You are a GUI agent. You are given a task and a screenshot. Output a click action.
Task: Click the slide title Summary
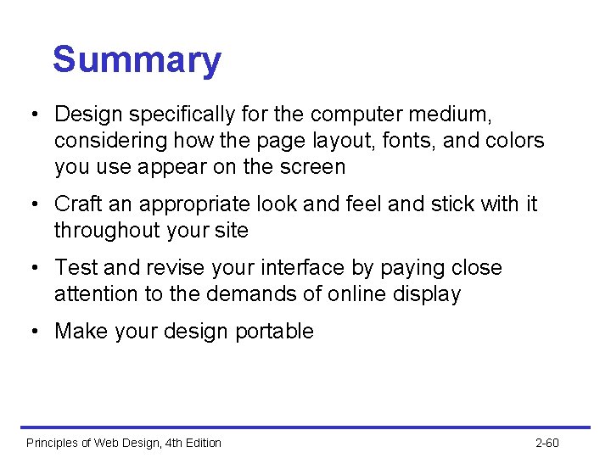[x=137, y=60]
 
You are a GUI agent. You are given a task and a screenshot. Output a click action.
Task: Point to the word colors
[x=513, y=140]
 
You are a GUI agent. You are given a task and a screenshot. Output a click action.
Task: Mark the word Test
[x=76, y=268]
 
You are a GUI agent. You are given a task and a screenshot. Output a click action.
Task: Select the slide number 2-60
[x=547, y=443]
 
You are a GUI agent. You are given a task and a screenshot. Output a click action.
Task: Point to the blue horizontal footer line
[x=305, y=427]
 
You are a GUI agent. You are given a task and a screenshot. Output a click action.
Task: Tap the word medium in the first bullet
[x=451, y=113]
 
